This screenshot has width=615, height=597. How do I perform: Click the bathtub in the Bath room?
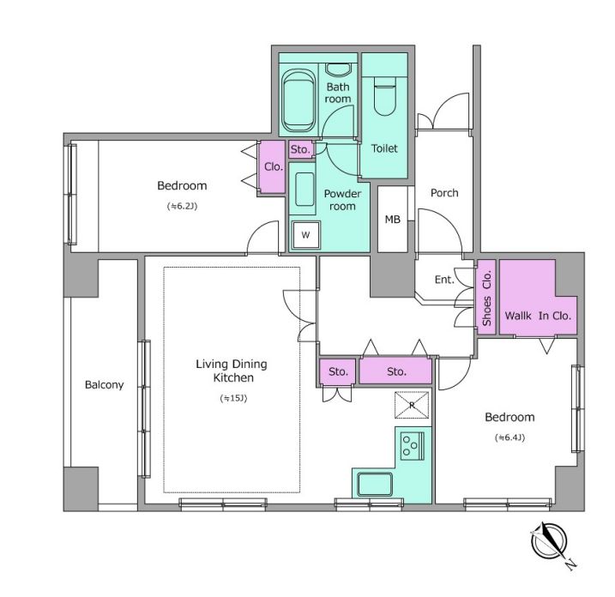(x=298, y=101)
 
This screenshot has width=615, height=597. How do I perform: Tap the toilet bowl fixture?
(x=385, y=96)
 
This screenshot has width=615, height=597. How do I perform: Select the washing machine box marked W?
(x=306, y=235)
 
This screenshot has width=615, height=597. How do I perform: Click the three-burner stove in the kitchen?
(x=413, y=445)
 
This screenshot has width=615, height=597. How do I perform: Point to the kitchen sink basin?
(x=375, y=485)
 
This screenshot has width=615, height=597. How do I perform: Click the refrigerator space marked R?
(x=412, y=405)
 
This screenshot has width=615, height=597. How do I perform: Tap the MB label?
(x=393, y=220)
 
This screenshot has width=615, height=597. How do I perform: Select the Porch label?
(x=444, y=193)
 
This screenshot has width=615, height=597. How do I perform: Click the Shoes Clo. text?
(x=486, y=298)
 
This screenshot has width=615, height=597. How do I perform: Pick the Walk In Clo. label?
(x=538, y=316)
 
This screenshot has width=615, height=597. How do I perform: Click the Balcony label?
(x=105, y=385)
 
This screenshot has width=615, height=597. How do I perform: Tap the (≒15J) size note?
(x=233, y=399)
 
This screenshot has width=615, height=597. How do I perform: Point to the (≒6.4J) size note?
(x=509, y=437)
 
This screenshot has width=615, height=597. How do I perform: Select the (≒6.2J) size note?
(x=182, y=207)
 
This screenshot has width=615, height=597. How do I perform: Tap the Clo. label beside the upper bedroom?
(x=274, y=167)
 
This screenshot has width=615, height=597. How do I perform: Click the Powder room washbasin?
(x=304, y=190)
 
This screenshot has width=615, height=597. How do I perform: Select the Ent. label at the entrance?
(x=444, y=280)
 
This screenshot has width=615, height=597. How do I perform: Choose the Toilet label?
(x=384, y=148)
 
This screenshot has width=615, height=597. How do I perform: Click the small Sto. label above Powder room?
(x=300, y=149)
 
